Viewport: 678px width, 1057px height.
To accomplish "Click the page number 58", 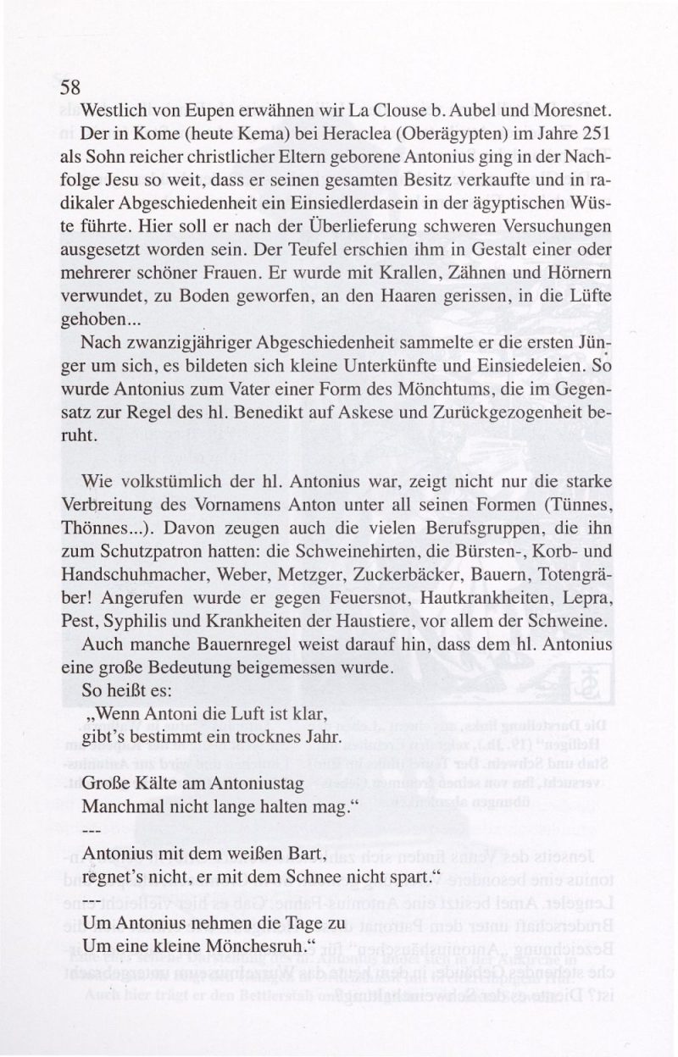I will tap(69, 88).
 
